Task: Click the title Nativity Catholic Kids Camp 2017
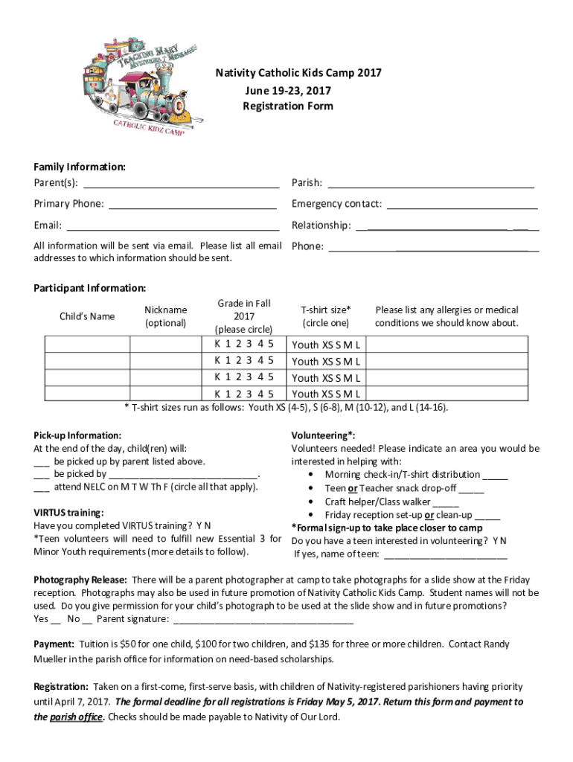click(x=298, y=73)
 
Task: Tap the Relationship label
click(x=321, y=225)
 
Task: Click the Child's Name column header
click(x=87, y=316)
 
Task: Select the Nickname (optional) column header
click(x=165, y=316)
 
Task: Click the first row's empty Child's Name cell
click(x=87, y=344)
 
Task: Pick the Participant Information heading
click(x=90, y=288)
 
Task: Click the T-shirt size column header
click(x=325, y=316)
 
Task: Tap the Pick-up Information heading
click(x=77, y=435)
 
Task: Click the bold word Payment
click(x=54, y=644)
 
